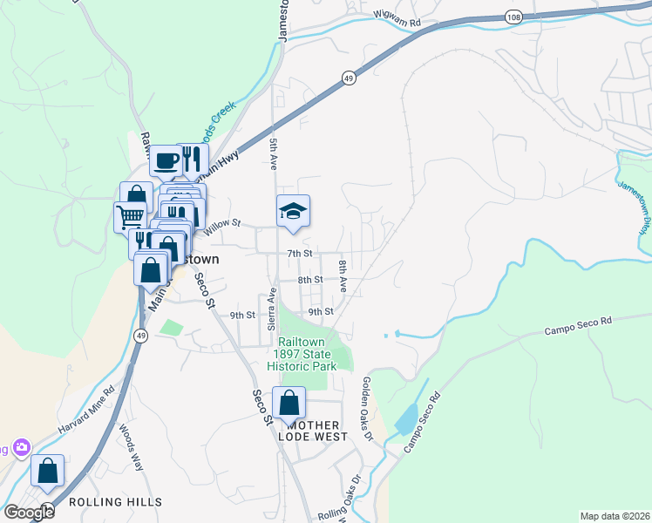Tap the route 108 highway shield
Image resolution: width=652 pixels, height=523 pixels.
[514, 17]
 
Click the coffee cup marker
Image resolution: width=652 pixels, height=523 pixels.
[166, 160]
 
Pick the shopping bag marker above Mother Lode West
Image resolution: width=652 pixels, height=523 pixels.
[289, 403]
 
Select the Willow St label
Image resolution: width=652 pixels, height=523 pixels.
[221, 228]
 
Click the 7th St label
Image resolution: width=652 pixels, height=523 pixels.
[299, 254]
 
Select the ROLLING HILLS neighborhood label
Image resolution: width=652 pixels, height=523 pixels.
[115, 502]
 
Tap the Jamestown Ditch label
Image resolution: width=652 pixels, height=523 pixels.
[634, 207]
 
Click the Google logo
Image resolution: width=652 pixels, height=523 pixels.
[29, 513]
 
